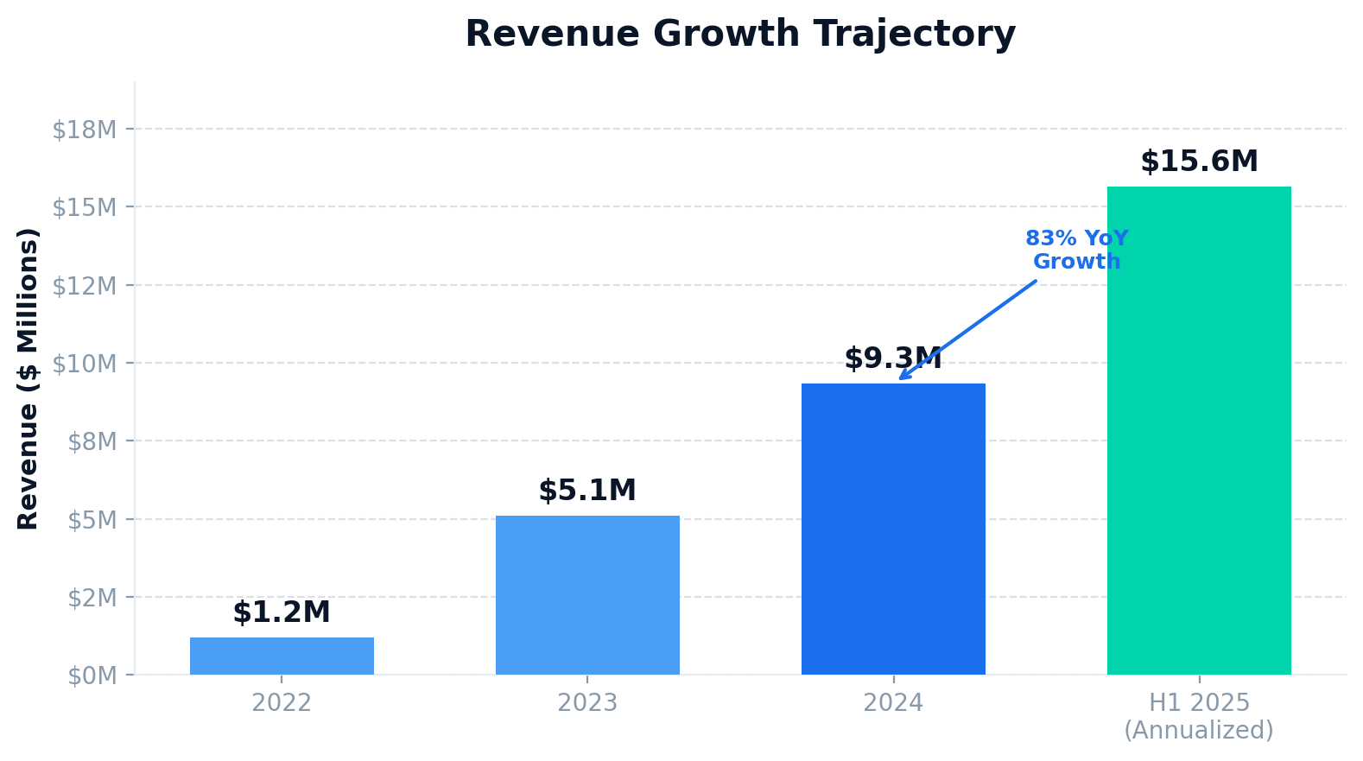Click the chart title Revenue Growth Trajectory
740,35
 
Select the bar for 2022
282,656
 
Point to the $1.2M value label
282,612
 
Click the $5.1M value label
587,491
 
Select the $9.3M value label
893,358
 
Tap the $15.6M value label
1199,162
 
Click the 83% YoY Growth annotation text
1076,250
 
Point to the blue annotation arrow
967,330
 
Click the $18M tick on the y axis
85,130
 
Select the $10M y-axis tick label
85,364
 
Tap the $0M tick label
92,675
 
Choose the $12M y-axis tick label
85,286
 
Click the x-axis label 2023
587,703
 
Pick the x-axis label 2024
893,703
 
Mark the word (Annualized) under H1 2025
1199,731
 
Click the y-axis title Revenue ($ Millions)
29,378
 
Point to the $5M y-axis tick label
92,520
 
